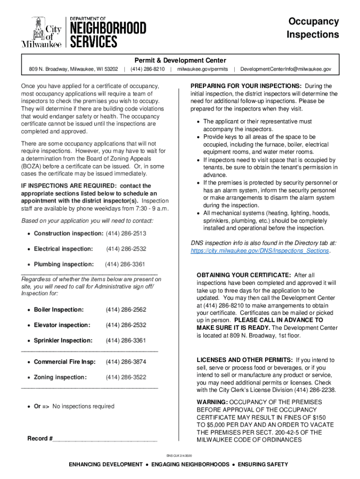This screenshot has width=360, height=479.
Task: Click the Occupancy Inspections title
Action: point(312,28)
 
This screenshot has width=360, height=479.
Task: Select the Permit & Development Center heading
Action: point(180,60)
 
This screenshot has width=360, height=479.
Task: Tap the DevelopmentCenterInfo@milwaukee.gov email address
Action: point(286,69)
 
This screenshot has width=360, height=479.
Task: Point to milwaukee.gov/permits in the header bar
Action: point(202,69)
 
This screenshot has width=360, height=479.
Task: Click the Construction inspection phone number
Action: point(126,233)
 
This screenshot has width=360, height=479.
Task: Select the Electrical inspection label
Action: point(63,249)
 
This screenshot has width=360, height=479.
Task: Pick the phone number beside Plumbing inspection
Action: point(125,264)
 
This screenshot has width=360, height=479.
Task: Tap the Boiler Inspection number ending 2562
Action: point(126,310)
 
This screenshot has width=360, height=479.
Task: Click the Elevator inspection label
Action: point(62,325)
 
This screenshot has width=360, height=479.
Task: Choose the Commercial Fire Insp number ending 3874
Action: point(126,362)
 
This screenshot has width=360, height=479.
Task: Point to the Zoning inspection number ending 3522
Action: point(126,377)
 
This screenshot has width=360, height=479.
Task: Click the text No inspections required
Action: point(83,406)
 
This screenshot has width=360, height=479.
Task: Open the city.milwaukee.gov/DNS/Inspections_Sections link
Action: point(260,251)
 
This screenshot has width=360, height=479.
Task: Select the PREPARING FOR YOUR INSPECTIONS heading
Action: point(246,86)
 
